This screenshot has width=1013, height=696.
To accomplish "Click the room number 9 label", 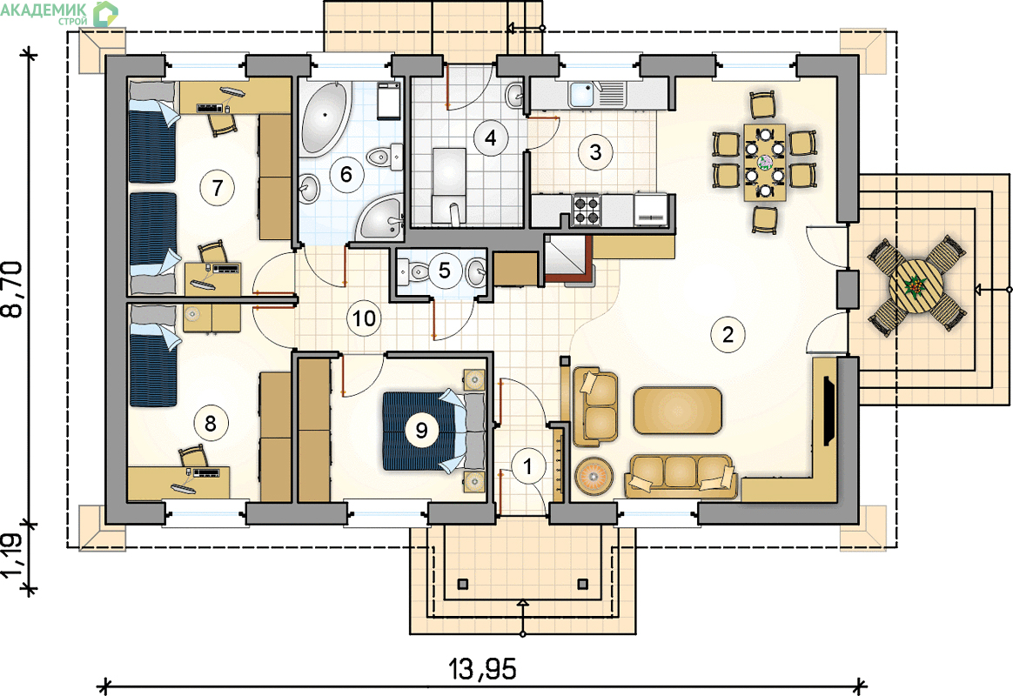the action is pyautogui.click(x=422, y=430).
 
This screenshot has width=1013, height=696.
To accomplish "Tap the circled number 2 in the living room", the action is pyautogui.click(x=728, y=334).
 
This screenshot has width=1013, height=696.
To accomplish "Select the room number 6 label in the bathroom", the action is pyautogui.click(x=346, y=174).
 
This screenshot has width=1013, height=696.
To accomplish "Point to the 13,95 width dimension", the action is pyautogui.click(x=483, y=670).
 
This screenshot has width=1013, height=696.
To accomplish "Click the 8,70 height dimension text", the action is pyautogui.click(x=14, y=289).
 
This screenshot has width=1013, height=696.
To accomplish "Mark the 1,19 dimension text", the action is pyautogui.click(x=14, y=556).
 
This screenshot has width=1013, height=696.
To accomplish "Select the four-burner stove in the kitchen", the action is pyautogui.click(x=587, y=210).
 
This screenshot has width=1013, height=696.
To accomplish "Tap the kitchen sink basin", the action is pyautogui.click(x=583, y=95).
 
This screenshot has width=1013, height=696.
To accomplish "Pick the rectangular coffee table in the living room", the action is pyautogui.click(x=677, y=410).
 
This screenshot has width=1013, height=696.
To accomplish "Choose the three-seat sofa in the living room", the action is pyautogui.click(x=681, y=477).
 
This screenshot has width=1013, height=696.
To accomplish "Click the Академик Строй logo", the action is pyautogui.click(x=59, y=14).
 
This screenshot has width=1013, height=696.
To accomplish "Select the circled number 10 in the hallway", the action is pyautogui.click(x=365, y=318).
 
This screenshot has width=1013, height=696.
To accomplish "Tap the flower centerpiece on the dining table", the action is pyautogui.click(x=764, y=161).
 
